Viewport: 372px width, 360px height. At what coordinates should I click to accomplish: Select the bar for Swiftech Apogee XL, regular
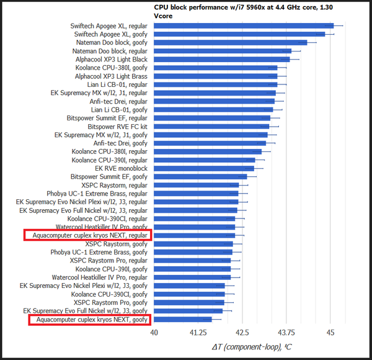point(244,26)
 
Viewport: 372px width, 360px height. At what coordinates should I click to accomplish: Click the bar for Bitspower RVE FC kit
point(212,126)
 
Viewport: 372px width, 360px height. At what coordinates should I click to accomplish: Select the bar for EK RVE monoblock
point(204,168)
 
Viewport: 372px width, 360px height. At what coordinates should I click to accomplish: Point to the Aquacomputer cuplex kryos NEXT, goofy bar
point(183,319)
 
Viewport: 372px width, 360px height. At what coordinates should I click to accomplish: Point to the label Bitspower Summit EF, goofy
point(109,176)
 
